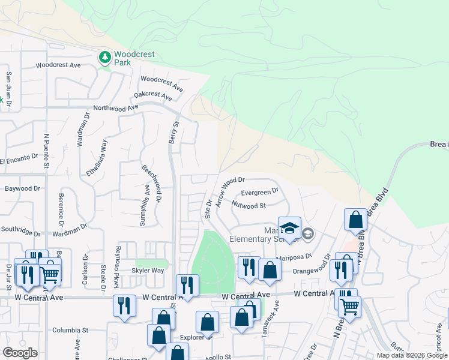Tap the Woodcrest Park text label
click(134, 58)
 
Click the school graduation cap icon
click(289, 229)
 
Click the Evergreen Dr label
click(259, 192)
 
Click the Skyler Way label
click(149, 271)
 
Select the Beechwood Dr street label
click(151, 184)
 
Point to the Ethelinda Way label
click(97, 157)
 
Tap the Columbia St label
click(70, 330)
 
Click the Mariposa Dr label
click(294, 256)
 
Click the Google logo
click(20, 353)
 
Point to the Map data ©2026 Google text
click(411, 355)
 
